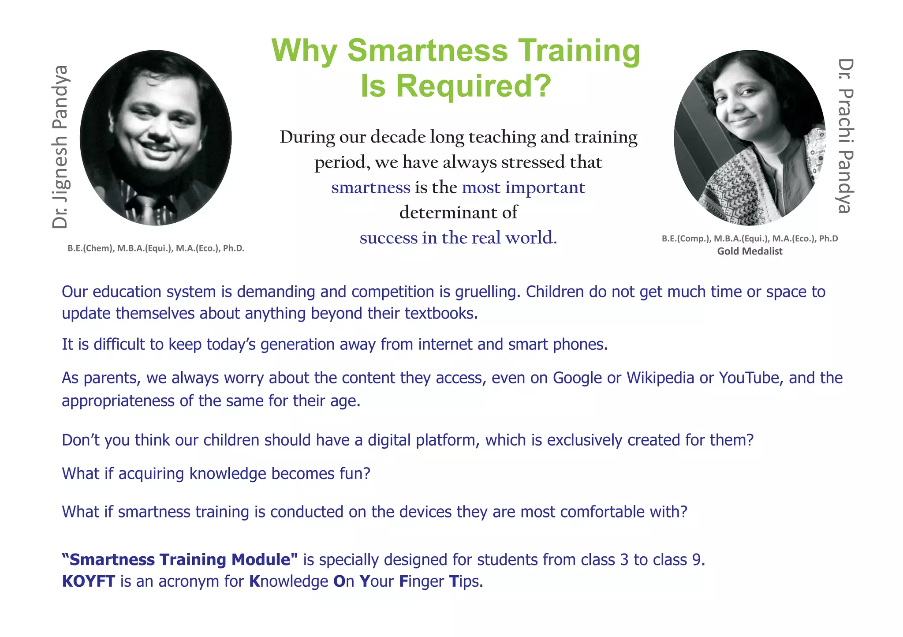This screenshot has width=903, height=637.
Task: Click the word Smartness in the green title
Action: tap(427, 51)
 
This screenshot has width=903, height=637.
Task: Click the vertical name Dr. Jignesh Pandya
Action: tap(60, 147)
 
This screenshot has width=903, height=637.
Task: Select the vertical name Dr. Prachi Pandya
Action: tap(845, 136)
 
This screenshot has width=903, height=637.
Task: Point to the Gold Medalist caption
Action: tap(750, 251)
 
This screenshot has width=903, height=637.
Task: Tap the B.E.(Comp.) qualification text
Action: tap(686, 239)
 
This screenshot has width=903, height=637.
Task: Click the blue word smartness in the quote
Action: tap(370, 187)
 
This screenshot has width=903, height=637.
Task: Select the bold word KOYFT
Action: tap(89, 581)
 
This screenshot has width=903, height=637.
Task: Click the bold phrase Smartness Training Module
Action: tap(180, 559)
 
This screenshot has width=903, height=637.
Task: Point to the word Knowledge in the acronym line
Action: tap(288, 581)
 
